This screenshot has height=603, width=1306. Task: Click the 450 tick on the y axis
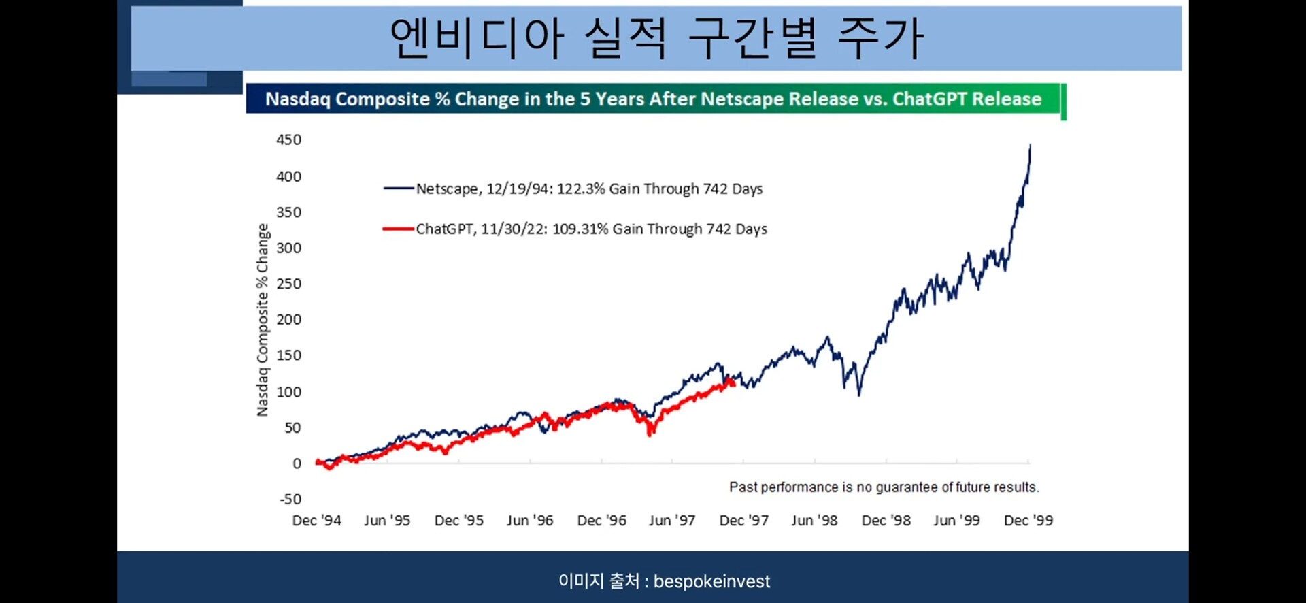pos(288,140)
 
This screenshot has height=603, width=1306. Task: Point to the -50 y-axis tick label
pos(290,500)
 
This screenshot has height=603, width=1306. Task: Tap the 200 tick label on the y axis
pos(288,320)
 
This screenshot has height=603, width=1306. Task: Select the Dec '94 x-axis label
pos(316,521)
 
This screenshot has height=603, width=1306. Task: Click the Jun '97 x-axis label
pos(672,521)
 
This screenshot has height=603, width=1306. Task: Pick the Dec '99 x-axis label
pos(1028,521)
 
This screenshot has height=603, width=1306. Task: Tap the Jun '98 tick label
pos(814,521)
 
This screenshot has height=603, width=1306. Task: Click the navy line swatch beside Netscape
pos(399,189)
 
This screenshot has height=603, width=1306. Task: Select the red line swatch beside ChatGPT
pos(399,229)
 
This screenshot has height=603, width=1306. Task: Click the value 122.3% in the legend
pos(580,189)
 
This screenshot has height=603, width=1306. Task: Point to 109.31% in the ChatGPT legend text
pos(580,229)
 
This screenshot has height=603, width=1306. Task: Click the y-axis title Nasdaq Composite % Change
pos(263,320)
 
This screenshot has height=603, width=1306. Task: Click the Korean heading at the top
pos(656,38)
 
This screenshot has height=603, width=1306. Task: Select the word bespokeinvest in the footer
pos(711,582)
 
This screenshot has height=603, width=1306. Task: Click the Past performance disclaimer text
pos(884,487)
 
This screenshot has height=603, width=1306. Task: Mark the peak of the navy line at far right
pos(1030,146)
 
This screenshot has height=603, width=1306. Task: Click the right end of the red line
pos(733,382)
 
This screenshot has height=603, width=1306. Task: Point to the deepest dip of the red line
pos(651,434)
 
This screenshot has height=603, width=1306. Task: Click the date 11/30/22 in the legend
pos(514,229)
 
